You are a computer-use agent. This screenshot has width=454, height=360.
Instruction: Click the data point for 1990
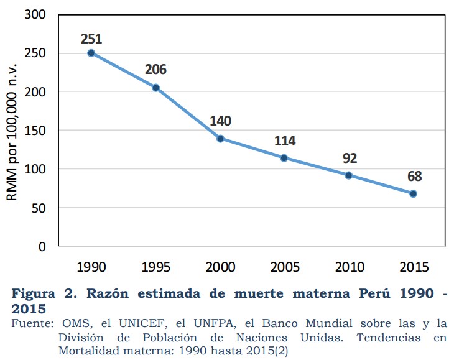91,53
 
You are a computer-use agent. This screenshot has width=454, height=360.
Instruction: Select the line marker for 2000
220,139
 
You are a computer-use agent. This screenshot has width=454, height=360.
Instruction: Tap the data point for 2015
413,193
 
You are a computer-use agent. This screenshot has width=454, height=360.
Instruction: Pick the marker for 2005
284,158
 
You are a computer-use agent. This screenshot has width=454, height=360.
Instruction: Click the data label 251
91,39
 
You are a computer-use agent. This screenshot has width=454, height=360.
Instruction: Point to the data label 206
155,70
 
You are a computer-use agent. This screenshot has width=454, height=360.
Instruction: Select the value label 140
220,120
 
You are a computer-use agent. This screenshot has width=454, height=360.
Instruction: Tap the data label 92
350,159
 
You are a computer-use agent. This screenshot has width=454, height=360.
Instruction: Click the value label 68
415,176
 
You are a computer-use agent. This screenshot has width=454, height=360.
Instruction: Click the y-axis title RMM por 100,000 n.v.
12,131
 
